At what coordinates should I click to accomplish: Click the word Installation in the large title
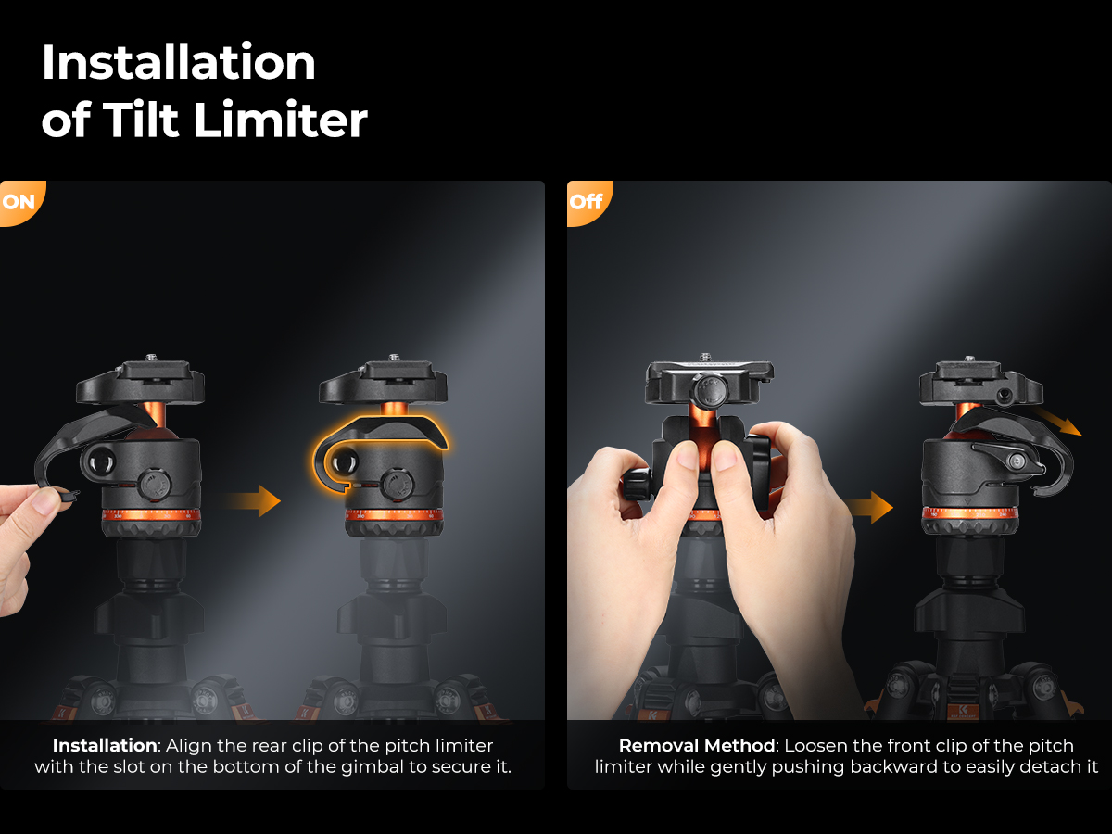pos(178,62)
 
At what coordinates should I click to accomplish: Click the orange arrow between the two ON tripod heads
pos(252,500)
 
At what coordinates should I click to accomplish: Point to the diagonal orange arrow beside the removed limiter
pos(1057,422)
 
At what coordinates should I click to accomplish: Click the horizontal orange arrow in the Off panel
pos(867,508)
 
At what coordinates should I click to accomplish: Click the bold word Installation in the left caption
pos(105,745)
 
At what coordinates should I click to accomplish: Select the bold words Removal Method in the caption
pos(697,745)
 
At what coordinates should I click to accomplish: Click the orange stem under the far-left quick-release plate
pos(153,414)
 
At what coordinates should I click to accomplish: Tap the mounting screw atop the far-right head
pos(969,359)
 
